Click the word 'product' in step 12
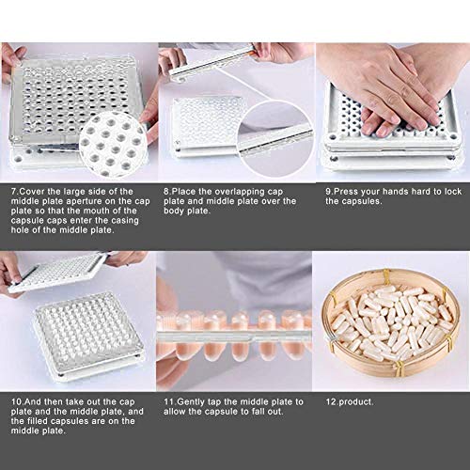click(x=351, y=401)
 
